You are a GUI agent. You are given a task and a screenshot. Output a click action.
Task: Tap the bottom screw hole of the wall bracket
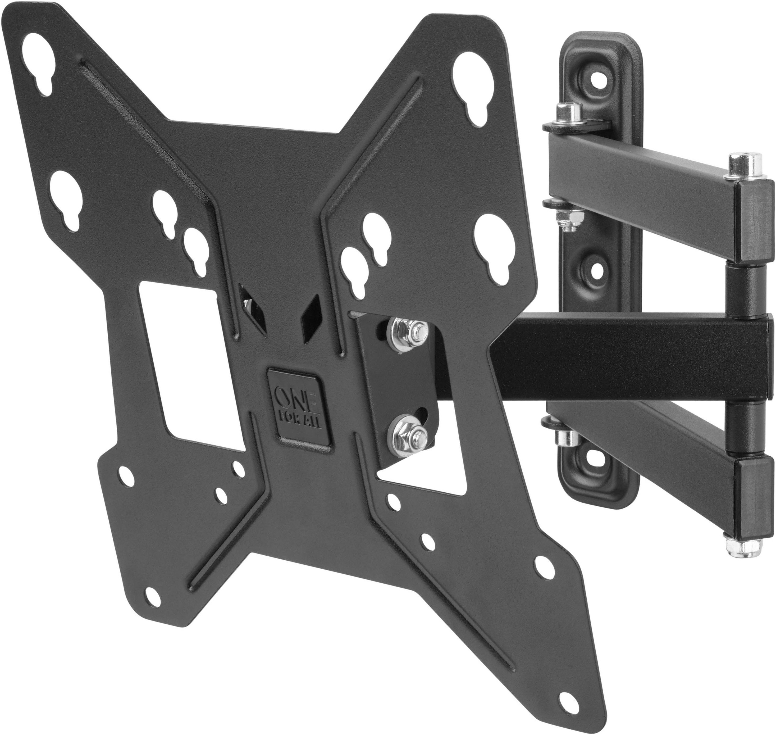(595, 456)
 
